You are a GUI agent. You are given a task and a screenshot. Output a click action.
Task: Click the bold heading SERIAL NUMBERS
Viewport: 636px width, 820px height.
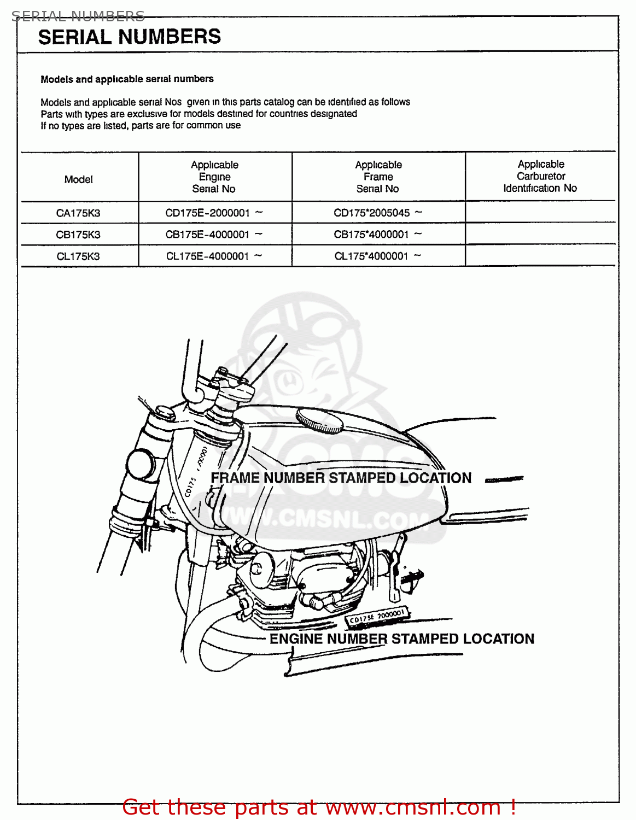[130, 37]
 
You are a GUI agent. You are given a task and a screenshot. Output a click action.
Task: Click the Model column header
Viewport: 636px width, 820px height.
[79, 179]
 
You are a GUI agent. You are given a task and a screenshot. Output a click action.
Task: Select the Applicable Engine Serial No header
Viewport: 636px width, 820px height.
[214, 177]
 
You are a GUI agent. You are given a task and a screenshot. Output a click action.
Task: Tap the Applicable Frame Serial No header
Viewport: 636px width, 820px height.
[378, 177]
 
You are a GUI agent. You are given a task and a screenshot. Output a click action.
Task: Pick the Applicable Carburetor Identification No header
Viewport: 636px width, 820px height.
[540, 176]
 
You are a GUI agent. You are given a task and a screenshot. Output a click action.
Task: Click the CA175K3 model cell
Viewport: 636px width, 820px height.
[78, 213]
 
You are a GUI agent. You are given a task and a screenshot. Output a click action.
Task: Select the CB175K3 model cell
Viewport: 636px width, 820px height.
[78, 235]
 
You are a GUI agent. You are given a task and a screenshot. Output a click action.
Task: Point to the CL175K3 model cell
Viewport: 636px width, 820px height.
[78, 256]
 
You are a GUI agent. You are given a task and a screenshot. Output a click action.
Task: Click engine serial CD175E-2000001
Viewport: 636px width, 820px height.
[208, 213]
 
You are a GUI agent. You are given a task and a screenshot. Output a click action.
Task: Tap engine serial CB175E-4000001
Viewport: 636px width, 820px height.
[208, 235]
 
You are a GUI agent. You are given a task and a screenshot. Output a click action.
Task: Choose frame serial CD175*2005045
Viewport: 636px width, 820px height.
[372, 213]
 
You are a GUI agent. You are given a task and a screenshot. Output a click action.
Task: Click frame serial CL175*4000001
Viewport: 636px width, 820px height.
[372, 256]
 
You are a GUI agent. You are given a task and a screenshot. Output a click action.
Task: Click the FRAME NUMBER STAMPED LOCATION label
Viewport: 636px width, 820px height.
[341, 478]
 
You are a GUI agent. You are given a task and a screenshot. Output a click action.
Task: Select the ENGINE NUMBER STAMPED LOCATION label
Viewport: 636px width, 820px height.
[402, 639]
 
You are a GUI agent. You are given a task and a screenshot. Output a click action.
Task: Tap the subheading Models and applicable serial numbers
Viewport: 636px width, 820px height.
[127, 79]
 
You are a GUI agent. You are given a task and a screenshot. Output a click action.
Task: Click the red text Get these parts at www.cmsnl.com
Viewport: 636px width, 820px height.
[319, 807]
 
